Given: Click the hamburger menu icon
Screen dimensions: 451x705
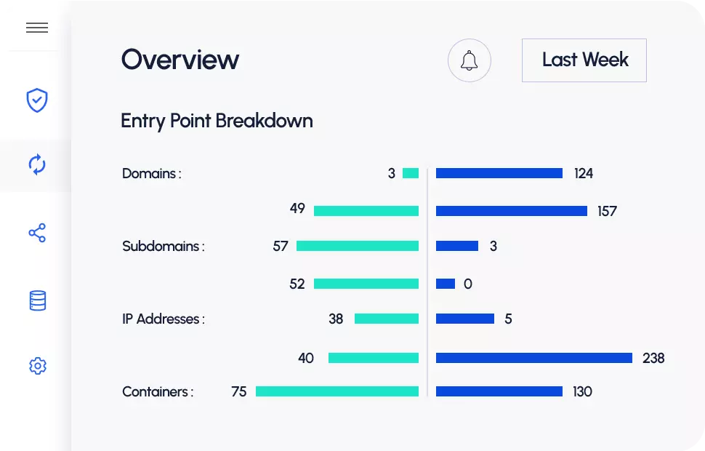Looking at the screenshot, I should click(37, 28).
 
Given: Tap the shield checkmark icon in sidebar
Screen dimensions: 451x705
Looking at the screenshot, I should click(37, 100).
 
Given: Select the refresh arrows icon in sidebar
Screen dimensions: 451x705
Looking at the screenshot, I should click(37, 164).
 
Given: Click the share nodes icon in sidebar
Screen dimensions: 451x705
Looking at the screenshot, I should click(37, 233).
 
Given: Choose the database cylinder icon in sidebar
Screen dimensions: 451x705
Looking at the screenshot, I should click(37, 300).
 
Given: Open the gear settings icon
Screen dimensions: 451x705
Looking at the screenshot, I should click(37, 366).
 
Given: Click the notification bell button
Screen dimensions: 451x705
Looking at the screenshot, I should click(470, 60).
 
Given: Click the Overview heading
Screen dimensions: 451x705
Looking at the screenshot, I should click(180, 60).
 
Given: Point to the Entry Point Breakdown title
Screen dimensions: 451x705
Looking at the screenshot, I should click(217, 121).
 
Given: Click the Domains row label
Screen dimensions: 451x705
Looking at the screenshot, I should click(151, 174).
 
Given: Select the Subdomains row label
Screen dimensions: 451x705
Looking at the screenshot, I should click(163, 247).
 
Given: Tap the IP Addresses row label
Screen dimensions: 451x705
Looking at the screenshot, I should click(163, 319).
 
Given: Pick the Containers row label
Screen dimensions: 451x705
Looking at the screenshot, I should click(157, 392).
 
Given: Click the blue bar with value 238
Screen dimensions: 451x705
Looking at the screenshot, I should click(533, 358).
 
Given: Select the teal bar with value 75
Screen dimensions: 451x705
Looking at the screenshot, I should click(337, 391).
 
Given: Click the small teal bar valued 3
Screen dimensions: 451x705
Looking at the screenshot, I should click(411, 173).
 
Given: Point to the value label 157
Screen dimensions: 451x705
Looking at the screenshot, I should click(607, 212).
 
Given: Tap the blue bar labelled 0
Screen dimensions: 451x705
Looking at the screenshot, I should click(446, 284).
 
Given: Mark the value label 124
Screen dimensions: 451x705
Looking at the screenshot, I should click(583, 174).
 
